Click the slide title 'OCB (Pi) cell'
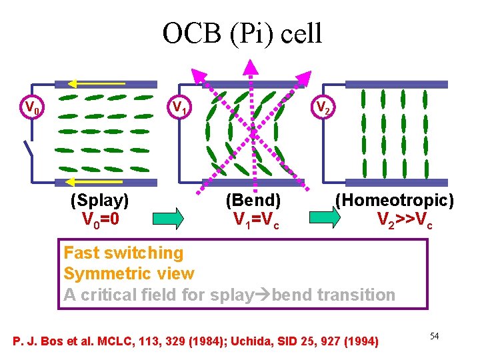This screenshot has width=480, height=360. point(242,33)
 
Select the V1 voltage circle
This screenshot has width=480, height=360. point(179,107)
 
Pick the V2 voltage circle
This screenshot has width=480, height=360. point(323,107)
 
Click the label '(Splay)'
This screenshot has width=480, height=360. point(99,200)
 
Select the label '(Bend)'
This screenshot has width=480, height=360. point(253,200)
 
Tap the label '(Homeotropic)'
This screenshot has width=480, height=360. point(394,200)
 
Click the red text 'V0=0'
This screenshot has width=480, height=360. point(101,219)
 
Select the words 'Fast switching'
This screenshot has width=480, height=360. point(123,253)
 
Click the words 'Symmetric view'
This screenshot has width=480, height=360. point(129,273)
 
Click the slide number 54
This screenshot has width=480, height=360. point(434,336)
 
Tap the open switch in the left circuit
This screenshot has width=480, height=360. point(27,150)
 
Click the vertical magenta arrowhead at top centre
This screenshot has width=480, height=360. point(251,66)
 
